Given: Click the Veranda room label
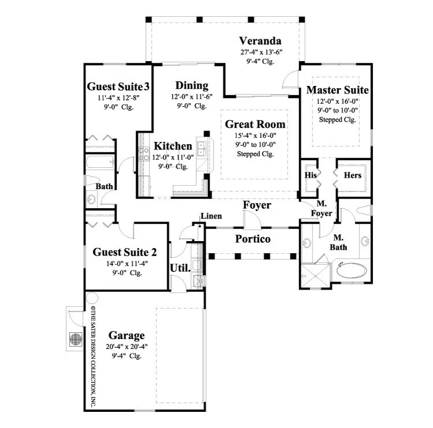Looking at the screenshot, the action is click(260, 41).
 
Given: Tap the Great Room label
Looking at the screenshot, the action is click(255, 124).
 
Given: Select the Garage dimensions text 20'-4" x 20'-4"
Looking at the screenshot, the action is click(127, 347).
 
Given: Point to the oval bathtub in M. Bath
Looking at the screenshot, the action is click(352, 271).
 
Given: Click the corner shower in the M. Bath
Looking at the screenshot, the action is click(315, 276).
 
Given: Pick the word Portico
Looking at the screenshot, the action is click(253, 239).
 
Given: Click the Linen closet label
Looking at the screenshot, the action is click(211, 216).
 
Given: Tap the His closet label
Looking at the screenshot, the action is click(311, 175).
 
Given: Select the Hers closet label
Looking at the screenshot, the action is click(353, 175).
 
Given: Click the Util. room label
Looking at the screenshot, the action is click(180, 268).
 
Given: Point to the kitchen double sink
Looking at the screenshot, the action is click(201, 149).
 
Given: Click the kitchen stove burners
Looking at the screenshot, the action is click(144, 154).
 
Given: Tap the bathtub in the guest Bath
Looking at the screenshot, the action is click(100, 162).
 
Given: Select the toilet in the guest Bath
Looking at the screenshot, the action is click(89, 180).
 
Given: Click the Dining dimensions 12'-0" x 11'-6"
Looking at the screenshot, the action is click(192, 97).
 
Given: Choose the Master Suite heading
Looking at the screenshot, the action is click(338, 90).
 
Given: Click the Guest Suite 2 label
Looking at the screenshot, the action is click(125, 252).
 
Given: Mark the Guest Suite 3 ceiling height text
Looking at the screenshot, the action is click(118, 107).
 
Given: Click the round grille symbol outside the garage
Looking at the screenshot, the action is click(76, 339).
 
